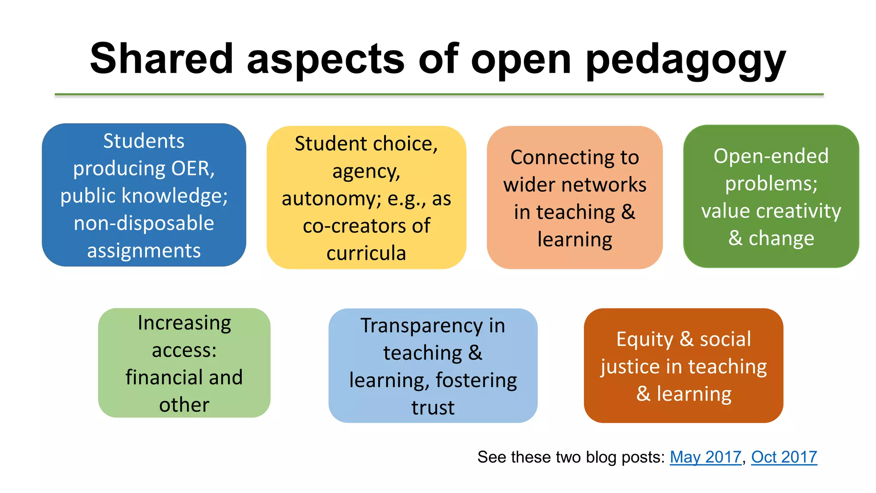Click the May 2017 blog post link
coord(705,457)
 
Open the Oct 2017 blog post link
coord(784,457)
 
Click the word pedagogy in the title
coord(685,60)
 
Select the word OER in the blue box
coord(192,168)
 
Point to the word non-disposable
coord(144,223)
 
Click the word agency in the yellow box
coord(366,172)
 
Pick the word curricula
coord(366,253)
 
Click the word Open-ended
coord(771,156)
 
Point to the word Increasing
coord(184,323)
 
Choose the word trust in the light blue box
coord(433,407)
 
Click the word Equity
coord(645,339)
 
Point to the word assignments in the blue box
coord(144,250)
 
